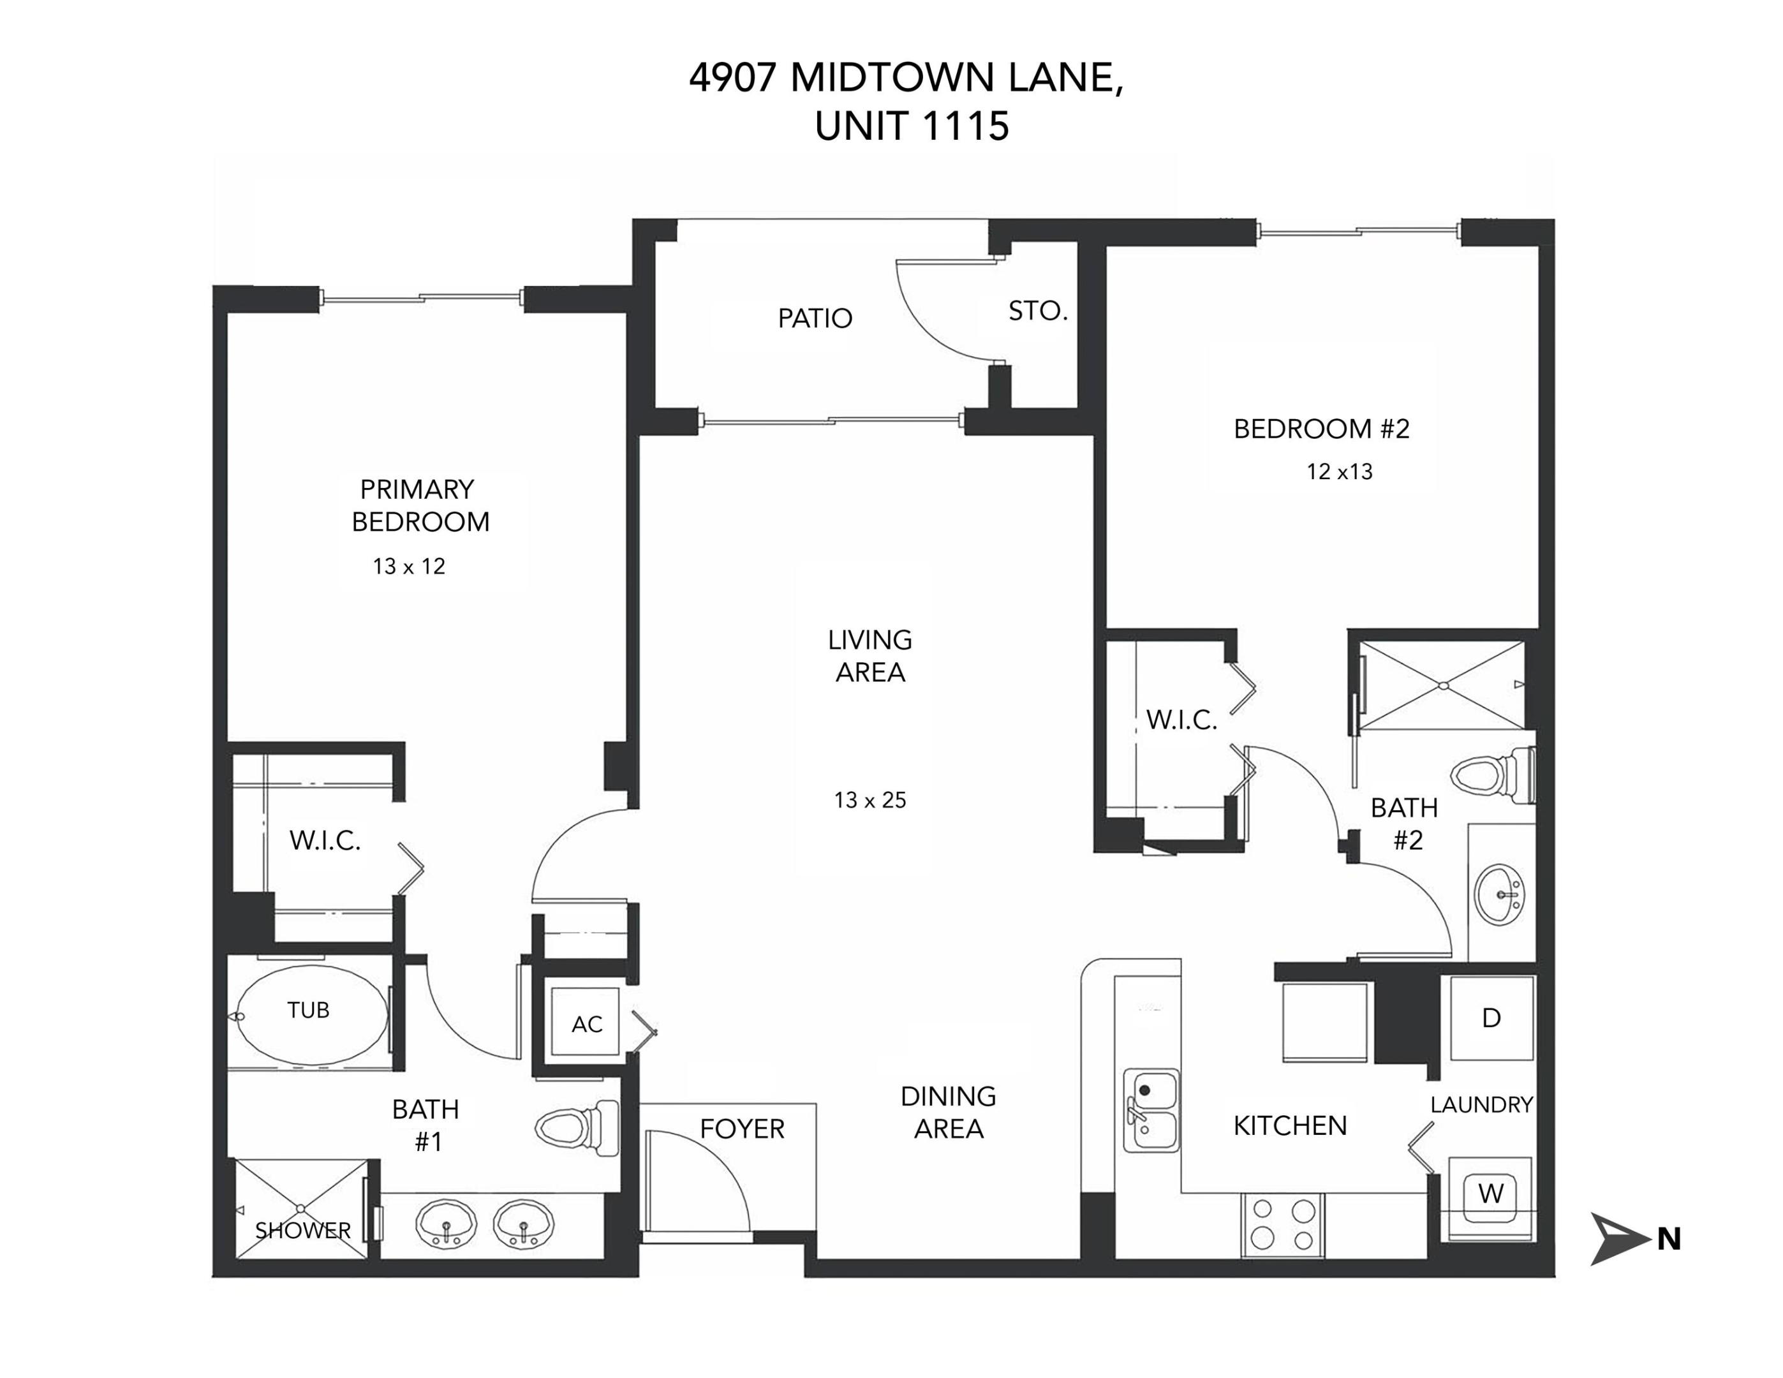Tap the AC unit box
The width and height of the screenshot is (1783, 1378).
pyautogui.click(x=586, y=1024)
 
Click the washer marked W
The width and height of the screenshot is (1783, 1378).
pyautogui.click(x=1490, y=1194)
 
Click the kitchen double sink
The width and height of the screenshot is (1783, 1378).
pyautogui.click(x=1151, y=1110)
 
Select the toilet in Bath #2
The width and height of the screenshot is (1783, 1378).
pyautogui.click(x=1494, y=774)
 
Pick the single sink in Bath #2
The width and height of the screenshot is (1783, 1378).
pyautogui.click(x=1500, y=894)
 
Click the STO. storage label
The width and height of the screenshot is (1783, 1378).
pyautogui.click(x=1038, y=311)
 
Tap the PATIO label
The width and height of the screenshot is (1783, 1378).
pyautogui.click(x=815, y=318)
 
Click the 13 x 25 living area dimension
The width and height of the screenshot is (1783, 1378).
pyautogui.click(x=870, y=800)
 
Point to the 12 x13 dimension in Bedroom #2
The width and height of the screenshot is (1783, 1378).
pyautogui.click(x=1339, y=472)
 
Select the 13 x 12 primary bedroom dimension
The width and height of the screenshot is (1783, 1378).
pyautogui.click(x=409, y=567)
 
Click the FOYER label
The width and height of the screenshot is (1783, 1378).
pyautogui.click(x=741, y=1129)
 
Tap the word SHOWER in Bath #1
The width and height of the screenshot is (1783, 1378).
pyautogui.click(x=303, y=1230)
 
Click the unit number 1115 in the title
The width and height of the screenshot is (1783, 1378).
pyautogui.click(x=966, y=126)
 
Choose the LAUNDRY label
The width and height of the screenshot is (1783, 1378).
pyautogui.click(x=1481, y=1104)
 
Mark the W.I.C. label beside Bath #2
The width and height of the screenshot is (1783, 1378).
pyautogui.click(x=1181, y=720)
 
